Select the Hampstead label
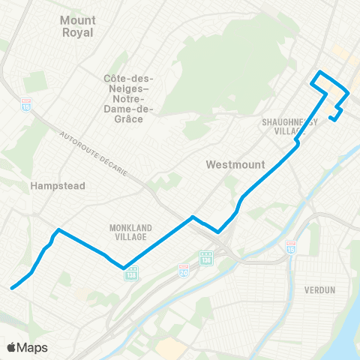click(x=58, y=185)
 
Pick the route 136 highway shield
click(x=205, y=258)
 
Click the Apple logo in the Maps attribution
click(x=11, y=347)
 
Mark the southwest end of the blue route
click(x=11, y=287)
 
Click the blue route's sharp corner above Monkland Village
click(x=58, y=229)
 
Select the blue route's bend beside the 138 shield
click(x=124, y=266)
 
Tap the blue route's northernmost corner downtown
click(x=320, y=72)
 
